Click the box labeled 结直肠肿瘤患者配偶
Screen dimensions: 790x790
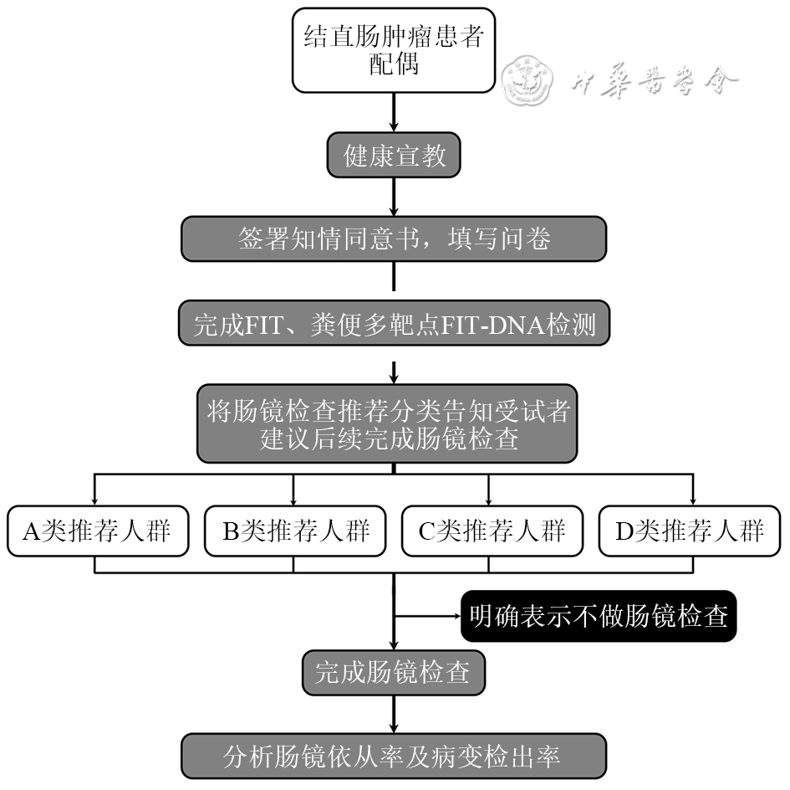394,51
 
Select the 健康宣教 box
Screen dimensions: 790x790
394,156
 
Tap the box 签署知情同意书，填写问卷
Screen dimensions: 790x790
394,239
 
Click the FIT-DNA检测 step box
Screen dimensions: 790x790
394,324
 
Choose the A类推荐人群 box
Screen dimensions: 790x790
95,531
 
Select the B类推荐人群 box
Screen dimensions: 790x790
294,531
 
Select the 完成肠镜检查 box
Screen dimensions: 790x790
392,672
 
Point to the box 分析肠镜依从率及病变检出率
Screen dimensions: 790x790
392,757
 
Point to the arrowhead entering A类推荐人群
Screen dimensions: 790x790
95,499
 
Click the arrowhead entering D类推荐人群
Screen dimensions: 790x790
692,499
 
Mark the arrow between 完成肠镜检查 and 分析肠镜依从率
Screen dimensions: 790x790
393,716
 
